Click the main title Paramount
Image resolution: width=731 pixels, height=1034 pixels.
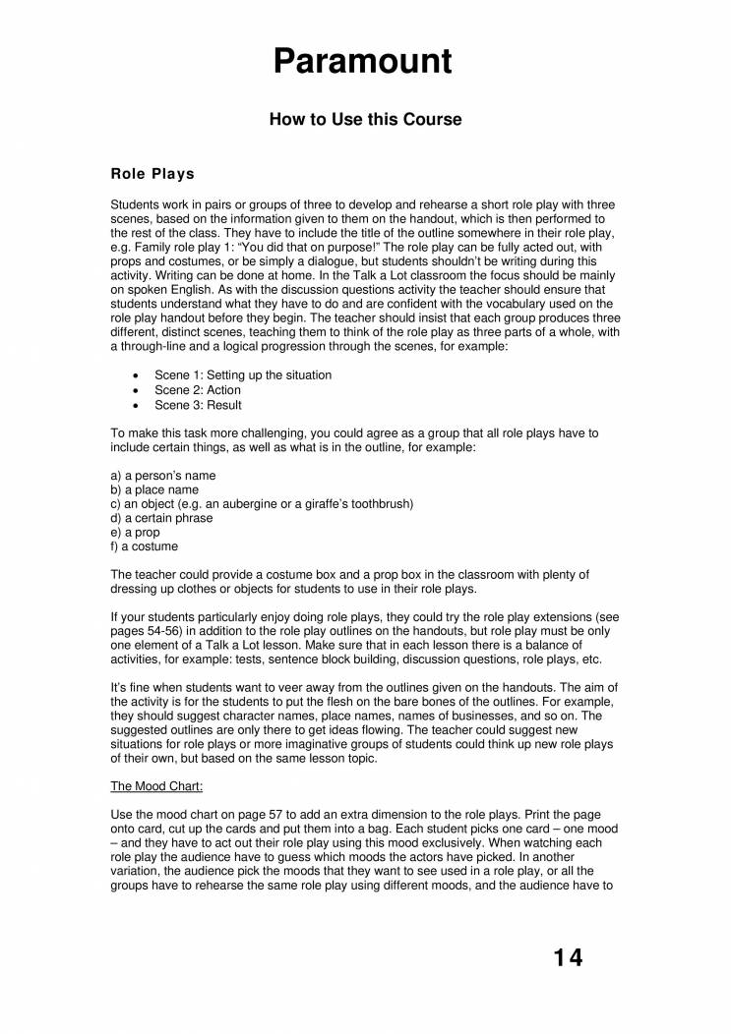point(364,61)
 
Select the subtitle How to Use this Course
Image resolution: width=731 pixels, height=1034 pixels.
point(365,120)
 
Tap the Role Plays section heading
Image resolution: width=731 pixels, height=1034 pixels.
point(152,174)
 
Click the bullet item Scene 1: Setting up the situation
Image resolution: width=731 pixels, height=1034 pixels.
point(243,375)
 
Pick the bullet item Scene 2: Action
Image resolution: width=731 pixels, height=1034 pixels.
point(198,390)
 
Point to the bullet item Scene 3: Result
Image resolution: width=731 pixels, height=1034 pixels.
point(198,405)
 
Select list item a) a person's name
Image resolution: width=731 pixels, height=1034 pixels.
point(163,476)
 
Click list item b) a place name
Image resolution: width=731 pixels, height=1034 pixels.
point(154,489)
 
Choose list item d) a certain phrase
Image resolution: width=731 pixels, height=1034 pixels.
point(161,518)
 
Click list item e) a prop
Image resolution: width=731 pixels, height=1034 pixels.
point(135,533)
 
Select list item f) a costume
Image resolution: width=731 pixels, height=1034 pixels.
point(145,546)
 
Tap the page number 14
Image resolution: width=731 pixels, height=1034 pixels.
point(568,957)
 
